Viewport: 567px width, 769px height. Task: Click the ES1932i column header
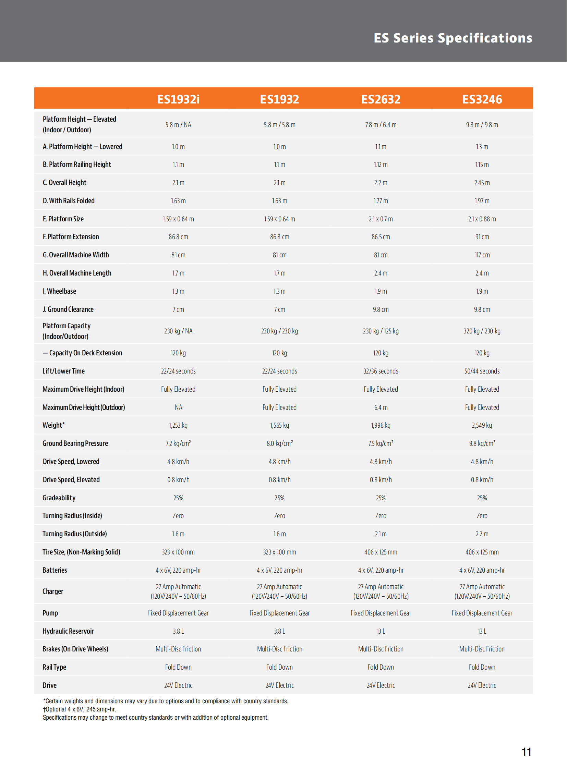coord(178,99)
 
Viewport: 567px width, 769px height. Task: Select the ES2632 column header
coord(381,99)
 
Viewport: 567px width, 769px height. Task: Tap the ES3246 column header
coord(482,99)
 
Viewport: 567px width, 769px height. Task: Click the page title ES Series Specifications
coord(453,38)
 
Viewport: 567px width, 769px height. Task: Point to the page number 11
coord(526,752)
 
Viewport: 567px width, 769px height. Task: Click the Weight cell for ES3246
coord(482,425)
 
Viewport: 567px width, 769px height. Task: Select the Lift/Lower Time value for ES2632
coord(381,371)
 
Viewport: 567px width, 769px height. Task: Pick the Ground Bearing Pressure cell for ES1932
coord(279,443)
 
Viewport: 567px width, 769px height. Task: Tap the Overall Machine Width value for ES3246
coord(482,255)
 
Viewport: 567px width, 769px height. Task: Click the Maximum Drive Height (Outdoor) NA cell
coord(178,407)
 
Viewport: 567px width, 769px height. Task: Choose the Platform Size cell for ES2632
coord(381,219)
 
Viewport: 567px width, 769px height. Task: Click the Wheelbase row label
coord(59,291)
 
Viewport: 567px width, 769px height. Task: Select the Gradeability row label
coord(59,498)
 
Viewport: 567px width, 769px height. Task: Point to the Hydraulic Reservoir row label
coord(68,631)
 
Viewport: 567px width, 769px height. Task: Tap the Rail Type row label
coord(54,667)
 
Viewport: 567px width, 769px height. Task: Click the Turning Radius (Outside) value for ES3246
coord(482,534)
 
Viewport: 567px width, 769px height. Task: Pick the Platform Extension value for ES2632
coord(381,237)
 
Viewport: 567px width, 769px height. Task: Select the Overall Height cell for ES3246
coord(482,183)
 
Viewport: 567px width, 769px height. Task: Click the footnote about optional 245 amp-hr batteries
coord(80,709)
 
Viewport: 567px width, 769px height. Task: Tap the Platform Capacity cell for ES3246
coord(482,331)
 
